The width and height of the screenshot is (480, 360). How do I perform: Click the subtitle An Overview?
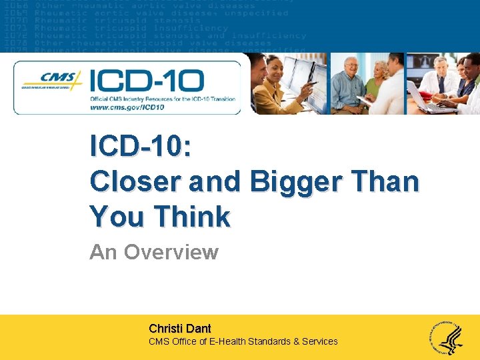pos(154,252)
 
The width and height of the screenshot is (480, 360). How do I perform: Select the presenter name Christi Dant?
pos(180,329)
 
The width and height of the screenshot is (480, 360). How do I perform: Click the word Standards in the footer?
pos(273,341)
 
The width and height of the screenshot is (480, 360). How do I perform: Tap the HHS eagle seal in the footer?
pos(448,337)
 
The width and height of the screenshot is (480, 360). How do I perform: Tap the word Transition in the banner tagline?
pos(218,99)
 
